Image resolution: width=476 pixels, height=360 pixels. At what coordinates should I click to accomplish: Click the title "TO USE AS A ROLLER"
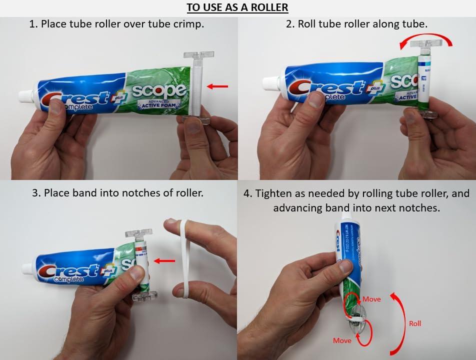(237, 7)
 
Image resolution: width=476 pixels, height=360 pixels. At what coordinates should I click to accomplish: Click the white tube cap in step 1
(24, 96)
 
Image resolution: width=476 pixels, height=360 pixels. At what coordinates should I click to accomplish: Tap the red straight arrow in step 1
(217, 86)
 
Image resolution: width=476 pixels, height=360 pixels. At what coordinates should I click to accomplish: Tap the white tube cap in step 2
(269, 82)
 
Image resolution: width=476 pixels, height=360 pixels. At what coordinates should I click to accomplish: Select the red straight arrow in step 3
(164, 260)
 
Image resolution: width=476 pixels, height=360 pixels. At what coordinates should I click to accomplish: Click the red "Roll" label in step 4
(415, 323)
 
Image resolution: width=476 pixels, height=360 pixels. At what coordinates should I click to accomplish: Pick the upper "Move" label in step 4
(371, 299)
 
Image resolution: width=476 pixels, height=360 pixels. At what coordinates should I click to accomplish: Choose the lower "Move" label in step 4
(342, 340)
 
